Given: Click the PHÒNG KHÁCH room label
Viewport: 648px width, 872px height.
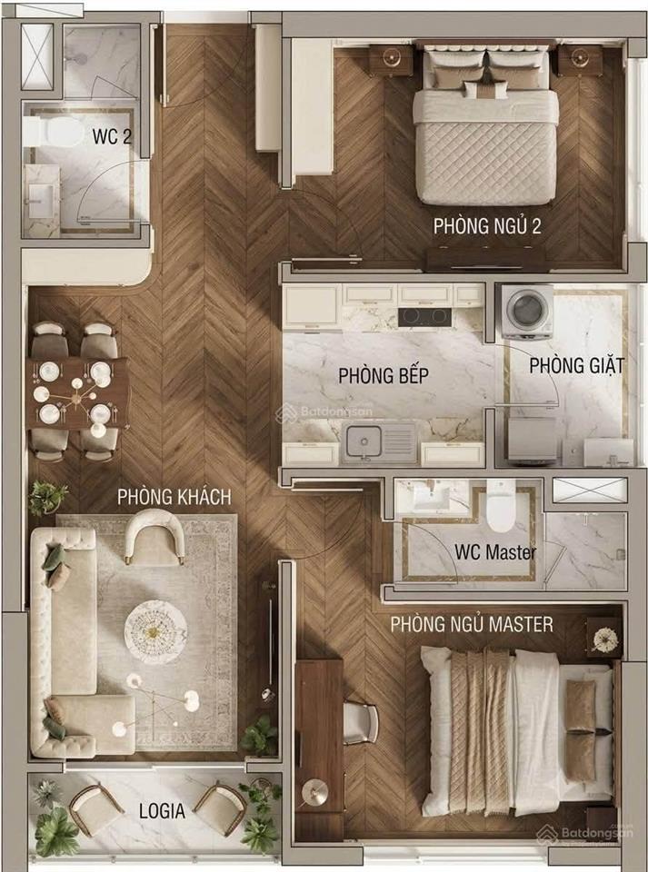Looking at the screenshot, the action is [174, 497].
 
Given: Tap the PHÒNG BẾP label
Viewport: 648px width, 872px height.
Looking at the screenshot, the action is [384, 375].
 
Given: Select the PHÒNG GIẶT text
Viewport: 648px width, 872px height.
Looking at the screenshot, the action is [576, 365].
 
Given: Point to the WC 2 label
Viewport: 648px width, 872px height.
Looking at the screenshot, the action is [112, 136].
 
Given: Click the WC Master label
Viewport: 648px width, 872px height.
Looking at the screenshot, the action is [495, 552].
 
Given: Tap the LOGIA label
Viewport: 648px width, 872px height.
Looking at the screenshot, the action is [162, 811].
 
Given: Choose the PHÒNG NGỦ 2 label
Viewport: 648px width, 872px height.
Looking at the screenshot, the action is [487, 226].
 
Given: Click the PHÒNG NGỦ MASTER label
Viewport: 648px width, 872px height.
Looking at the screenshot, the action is [472, 625].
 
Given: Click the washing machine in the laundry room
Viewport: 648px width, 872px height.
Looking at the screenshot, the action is [527, 311].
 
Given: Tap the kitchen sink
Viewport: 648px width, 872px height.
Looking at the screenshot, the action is [379, 442].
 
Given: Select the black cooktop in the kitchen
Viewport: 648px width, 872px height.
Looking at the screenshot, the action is [424, 316].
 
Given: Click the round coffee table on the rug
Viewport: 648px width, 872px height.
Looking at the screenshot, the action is [155, 632].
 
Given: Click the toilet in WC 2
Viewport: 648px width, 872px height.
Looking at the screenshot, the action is [55, 132].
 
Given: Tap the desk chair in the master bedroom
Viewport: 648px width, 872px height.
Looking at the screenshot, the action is [360, 723].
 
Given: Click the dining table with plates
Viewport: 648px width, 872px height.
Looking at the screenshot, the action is [78, 393].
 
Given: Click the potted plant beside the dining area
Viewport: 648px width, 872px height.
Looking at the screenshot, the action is [48, 497].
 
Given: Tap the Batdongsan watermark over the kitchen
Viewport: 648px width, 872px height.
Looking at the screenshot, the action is [324, 412].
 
